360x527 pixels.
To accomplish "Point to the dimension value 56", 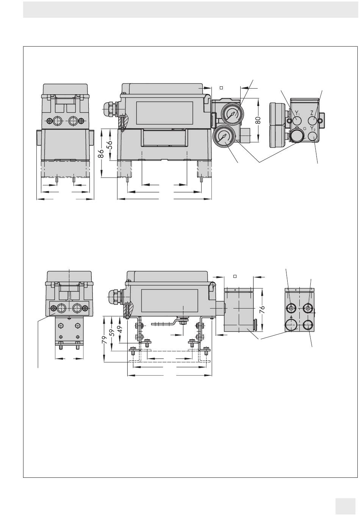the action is tap(110, 145).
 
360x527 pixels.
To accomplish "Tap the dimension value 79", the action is tap(105, 340).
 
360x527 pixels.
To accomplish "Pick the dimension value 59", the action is tap(112, 332).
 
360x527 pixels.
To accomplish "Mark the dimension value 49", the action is tap(120, 329).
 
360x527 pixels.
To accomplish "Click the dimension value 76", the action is tap(262, 309).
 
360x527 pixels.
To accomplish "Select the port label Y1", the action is tap(297, 113).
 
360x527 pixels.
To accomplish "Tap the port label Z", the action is tap(312, 113).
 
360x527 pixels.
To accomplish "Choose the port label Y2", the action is tap(313, 129).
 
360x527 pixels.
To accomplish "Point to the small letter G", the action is tap(305, 129).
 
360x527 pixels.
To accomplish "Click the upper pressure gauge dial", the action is tap(232, 114).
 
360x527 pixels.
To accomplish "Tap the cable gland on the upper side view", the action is tap(111, 110).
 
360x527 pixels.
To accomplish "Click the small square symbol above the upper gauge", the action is tap(221, 88).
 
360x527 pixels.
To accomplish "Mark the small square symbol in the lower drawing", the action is tap(235, 276).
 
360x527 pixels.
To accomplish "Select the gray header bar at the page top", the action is tap(190, 9).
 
